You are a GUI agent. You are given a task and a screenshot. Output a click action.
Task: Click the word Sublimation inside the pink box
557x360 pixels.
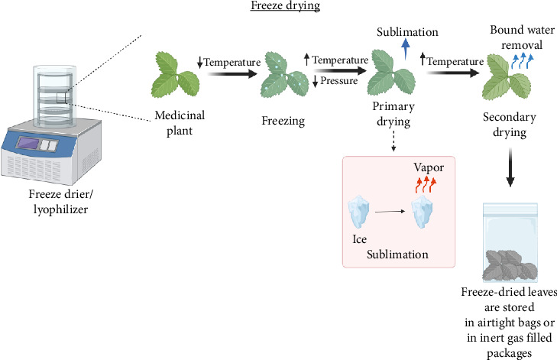coord(397,254)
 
